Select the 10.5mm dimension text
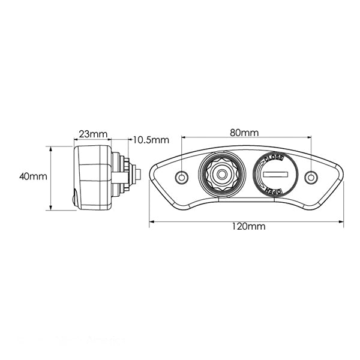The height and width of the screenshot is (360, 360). click(150, 140)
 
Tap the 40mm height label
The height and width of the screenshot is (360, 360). click(32, 176)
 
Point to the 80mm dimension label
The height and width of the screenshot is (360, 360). click(245, 132)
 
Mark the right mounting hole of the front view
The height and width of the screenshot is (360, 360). click(311, 178)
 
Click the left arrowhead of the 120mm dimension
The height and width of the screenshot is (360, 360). click(151, 221)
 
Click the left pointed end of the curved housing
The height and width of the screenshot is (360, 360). click(152, 169)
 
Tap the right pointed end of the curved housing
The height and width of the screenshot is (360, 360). click(341, 169)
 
